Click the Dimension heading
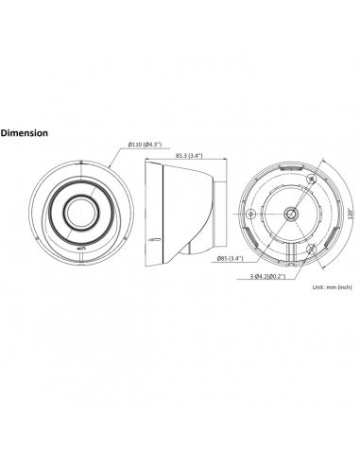25,133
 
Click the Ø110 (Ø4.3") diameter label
145,145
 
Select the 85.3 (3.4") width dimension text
189,155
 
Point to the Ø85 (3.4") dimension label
231,259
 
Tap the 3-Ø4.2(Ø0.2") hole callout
267,277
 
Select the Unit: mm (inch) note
333,287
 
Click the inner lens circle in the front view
82,212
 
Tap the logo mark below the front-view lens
81,249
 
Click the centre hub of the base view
290,215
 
